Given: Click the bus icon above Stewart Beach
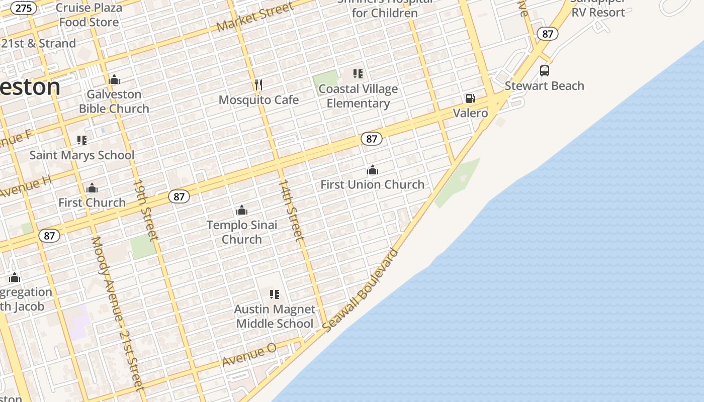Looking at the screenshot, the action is pyautogui.click(x=545, y=71).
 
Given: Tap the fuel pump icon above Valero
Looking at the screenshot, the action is pyautogui.click(x=470, y=98).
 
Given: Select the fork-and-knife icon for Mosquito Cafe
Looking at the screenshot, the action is pyautogui.click(x=258, y=85).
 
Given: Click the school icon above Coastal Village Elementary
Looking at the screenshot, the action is pyautogui.click(x=358, y=74).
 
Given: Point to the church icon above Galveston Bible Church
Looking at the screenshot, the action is pyautogui.click(x=114, y=79).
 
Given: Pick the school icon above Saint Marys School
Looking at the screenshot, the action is pyautogui.click(x=82, y=140).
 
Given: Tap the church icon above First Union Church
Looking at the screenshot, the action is pyautogui.click(x=373, y=170).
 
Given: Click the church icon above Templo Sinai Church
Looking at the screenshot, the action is pyautogui.click(x=242, y=210).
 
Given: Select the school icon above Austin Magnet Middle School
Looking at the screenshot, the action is pyautogui.click(x=275, y=294).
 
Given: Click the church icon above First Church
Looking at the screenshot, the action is pyautogui.click(x=92, y=188).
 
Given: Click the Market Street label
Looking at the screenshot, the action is pyautogui.click(x=255, y=17).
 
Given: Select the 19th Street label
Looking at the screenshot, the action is pyautogui.click(x=146, y=209).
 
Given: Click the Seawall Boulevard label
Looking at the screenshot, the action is pyautogui.click(x=361, y=290).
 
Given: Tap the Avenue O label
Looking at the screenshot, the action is pyautogui.click(x=249, y=355).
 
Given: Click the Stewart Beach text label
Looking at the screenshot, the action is pyautogui.click(x=545, y=86).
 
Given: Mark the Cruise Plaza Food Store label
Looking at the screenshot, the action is pyautogui.click(x=89, y=15).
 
